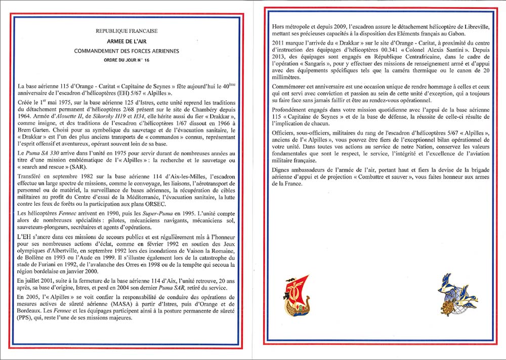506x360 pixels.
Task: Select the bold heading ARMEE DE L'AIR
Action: (x=127, y=41)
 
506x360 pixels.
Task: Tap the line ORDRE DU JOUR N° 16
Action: (x=127, y=60)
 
